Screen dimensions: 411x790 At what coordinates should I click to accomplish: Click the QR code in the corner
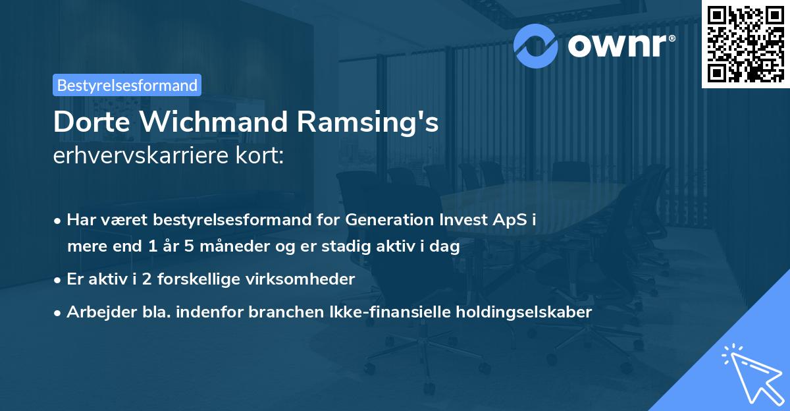745,43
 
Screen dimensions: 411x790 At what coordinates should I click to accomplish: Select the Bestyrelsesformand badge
128,85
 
